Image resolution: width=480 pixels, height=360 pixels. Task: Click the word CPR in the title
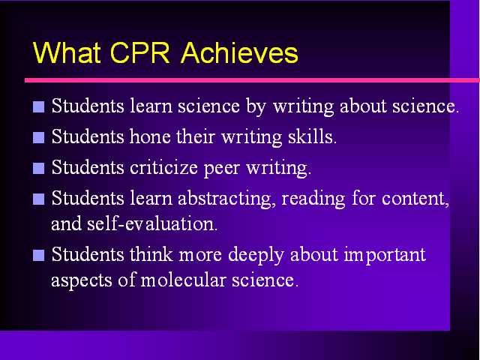point(139,52)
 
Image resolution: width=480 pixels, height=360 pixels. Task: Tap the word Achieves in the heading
point(239,52)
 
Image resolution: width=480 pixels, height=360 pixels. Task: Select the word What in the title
point(67,52)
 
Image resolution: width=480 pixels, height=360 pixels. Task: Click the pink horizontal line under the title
point(252,80)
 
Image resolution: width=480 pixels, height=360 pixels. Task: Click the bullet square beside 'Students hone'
point(38,137)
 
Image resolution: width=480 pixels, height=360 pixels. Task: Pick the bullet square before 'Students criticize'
point(38,168)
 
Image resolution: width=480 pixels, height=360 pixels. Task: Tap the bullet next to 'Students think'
point(38,255)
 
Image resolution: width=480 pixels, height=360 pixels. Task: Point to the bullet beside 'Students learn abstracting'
point(38,199)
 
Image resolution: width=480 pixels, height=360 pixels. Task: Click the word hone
point(150,136)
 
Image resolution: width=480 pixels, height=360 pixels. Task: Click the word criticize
point(163,168)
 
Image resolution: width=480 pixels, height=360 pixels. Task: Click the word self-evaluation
point(151,223)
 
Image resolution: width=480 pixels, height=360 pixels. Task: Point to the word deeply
point(256,256)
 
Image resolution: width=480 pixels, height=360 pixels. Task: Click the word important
point(385,256)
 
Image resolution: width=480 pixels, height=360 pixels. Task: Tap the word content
point(415,199)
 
